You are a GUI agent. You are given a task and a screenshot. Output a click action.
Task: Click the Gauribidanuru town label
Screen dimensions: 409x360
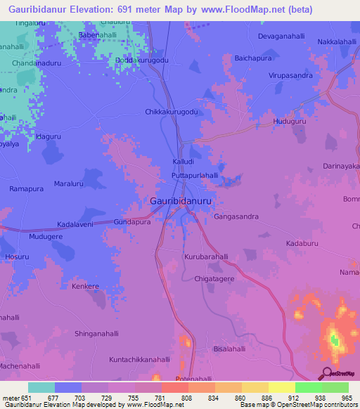pos(181,200)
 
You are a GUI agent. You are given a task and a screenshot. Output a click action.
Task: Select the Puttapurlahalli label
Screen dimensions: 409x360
pos(195,176)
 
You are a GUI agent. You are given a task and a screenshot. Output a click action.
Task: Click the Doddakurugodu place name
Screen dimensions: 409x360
pos(142,60)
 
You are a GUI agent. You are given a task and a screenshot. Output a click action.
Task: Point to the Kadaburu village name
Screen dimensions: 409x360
pos(303,243)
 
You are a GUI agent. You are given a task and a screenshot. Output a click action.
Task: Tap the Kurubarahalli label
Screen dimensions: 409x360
pos(207,257)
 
